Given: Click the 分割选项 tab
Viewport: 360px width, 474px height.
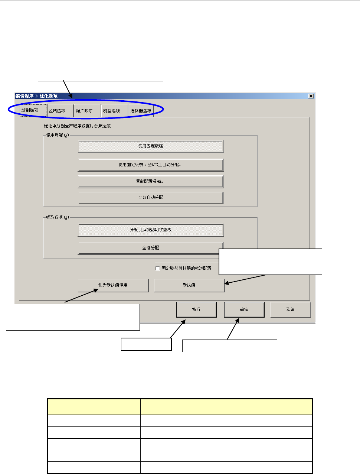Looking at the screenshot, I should coord(30,110).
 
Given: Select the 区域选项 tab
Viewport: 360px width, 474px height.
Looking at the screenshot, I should coord(57,111).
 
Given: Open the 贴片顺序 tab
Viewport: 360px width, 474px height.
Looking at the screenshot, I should coord(84,111).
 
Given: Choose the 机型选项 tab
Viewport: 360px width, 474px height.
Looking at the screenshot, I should coord(112,111).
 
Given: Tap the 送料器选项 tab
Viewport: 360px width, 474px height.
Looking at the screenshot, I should coord(141,111).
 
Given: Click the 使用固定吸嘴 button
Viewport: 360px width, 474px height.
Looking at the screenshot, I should coord(151,146).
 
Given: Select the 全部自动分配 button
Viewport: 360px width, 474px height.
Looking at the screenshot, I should coord(151,198).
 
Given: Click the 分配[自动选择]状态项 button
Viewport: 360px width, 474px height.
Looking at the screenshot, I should coord(151,230).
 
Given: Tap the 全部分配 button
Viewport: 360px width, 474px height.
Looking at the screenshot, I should coord(151,248).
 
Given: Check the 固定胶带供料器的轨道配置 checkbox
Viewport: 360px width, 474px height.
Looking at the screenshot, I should coord(158,268).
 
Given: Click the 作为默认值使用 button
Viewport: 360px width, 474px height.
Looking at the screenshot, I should coord(113,285).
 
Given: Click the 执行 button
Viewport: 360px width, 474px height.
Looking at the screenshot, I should coord(196,309).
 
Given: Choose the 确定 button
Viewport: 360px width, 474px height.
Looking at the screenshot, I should coord(244,309).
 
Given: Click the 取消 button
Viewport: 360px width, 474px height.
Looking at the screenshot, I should coord(291,309).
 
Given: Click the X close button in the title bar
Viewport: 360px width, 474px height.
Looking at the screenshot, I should coord(311,96).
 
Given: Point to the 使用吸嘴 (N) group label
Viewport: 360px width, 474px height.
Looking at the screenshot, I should coord(58,135).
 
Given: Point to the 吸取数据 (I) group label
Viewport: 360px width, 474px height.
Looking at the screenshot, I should coord(58,217).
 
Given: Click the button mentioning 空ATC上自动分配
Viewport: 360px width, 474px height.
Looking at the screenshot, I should coord(151,165).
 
